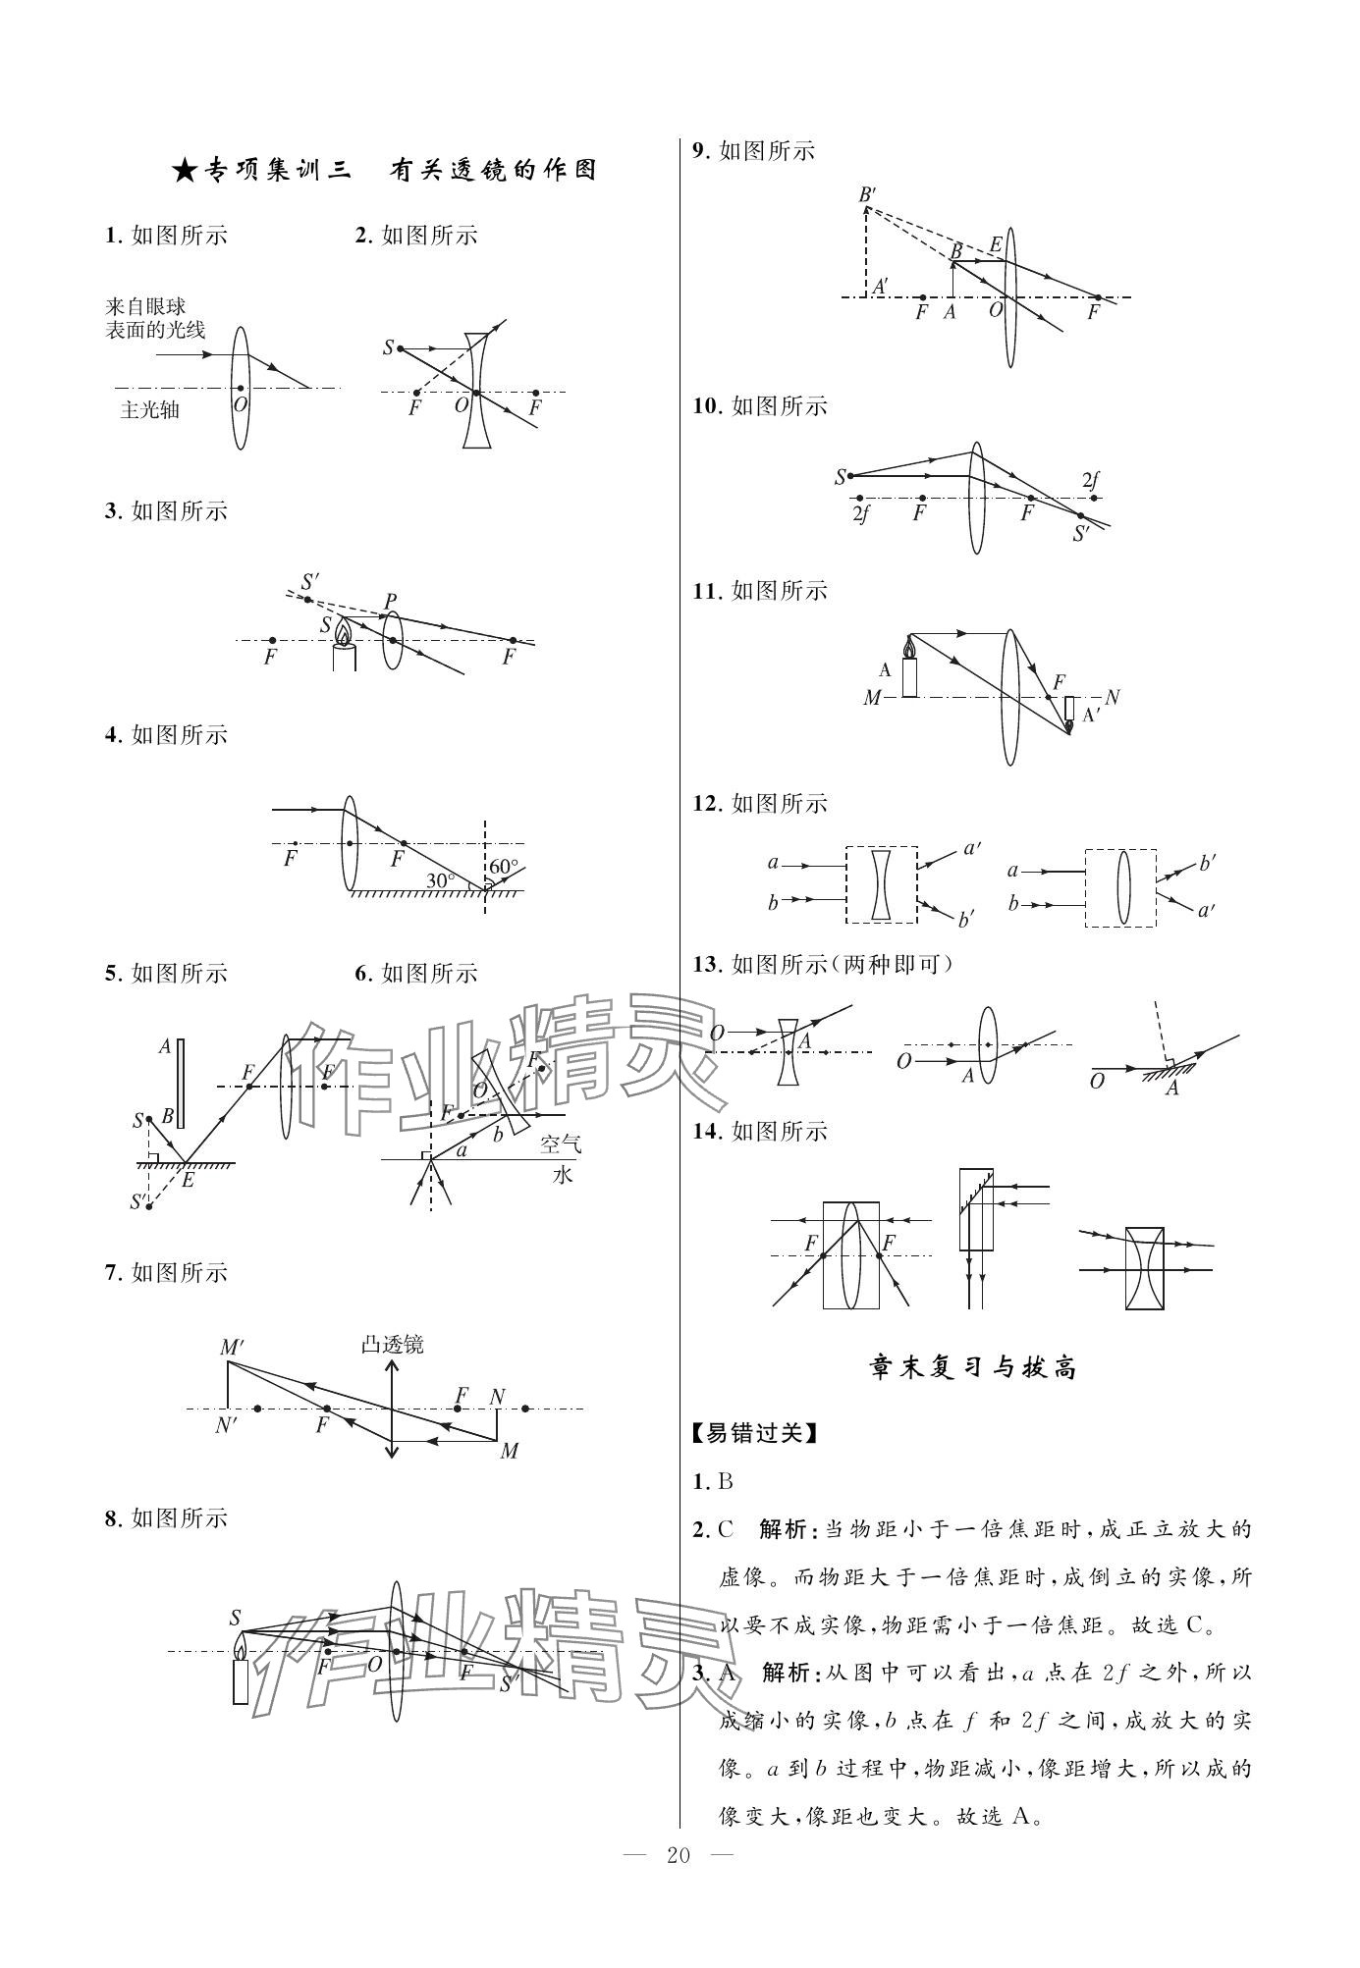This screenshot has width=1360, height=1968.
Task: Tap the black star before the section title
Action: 184,171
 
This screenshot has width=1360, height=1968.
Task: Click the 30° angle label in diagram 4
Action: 440,880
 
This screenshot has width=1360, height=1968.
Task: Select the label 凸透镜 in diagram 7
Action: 393,1345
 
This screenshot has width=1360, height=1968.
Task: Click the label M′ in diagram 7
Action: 232,1348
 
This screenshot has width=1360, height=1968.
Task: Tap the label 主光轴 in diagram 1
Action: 149,411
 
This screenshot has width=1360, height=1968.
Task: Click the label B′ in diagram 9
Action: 867,194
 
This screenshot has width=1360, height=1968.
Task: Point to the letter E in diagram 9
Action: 996,244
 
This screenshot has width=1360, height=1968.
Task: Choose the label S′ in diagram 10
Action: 1082,534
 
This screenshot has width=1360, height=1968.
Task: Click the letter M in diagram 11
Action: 872,698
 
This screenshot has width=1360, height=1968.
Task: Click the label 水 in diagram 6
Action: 562,1174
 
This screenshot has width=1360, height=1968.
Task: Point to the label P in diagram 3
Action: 391,601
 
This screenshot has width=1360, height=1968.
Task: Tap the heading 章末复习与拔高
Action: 974,1366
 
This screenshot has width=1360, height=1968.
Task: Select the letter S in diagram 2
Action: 389,347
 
